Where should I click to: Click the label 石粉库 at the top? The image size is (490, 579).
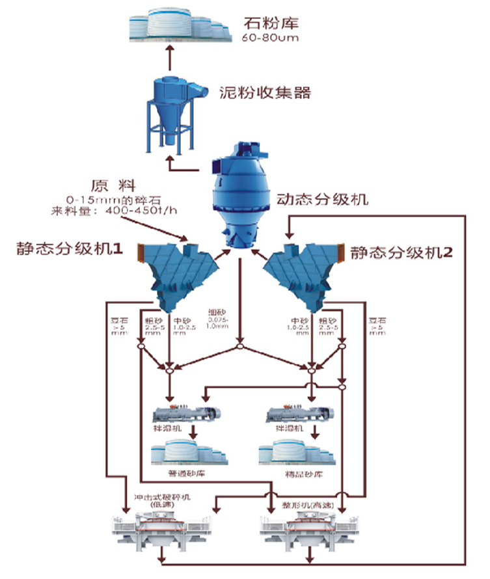pyautogui.click(x=271, y=23)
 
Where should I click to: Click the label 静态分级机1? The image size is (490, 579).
pyautogui.click(x=68, y=249)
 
